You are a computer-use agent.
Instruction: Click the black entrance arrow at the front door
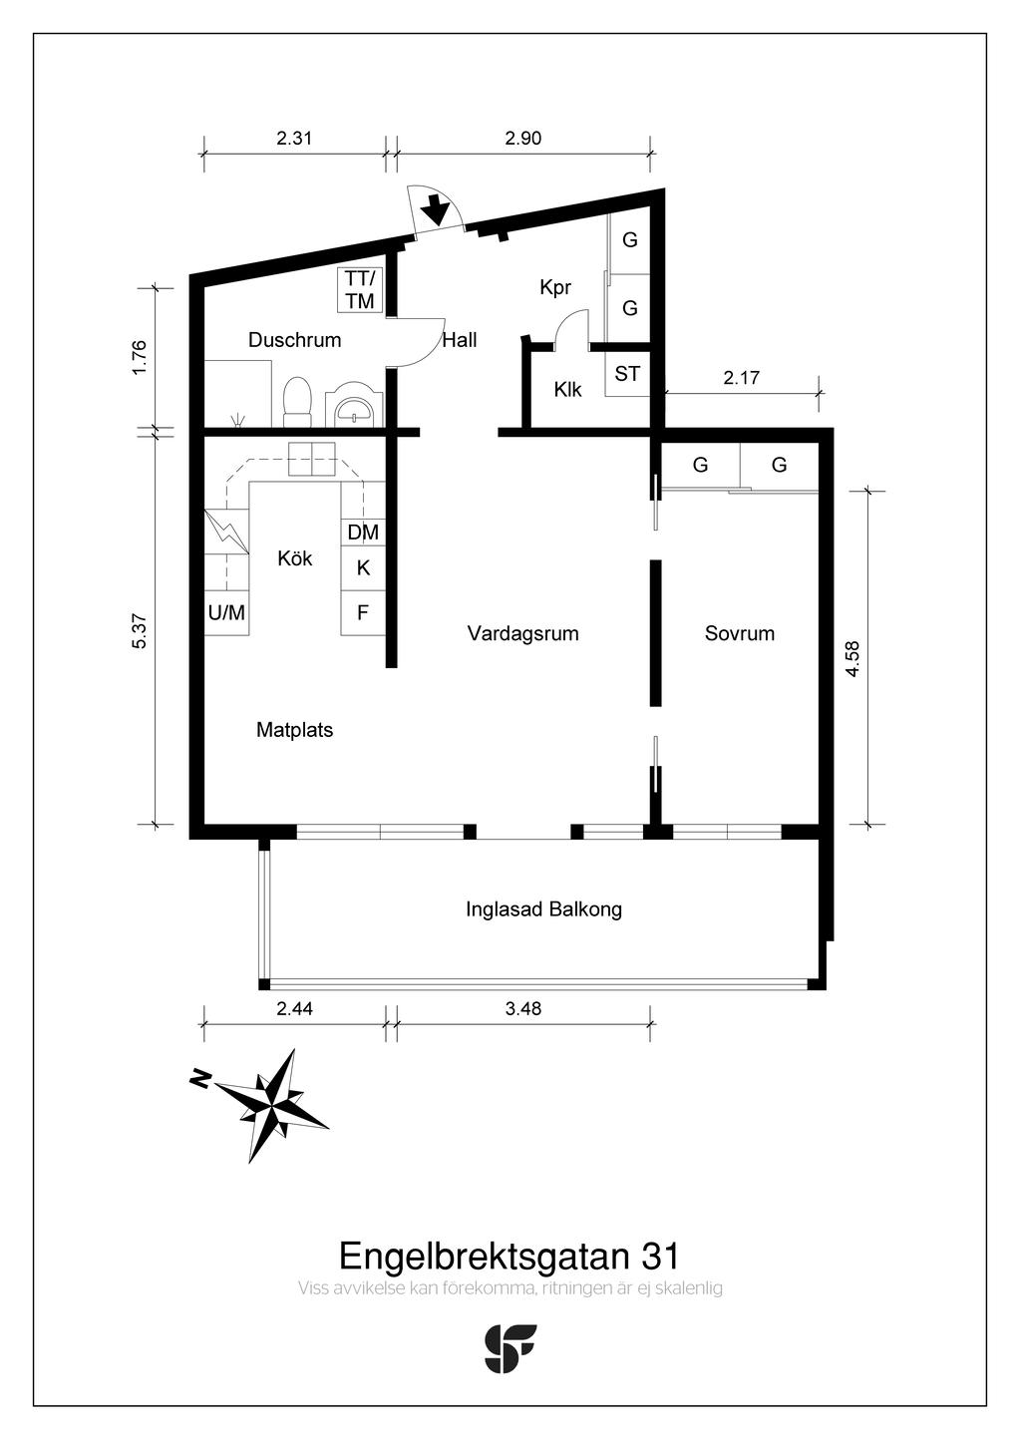pos(438,209)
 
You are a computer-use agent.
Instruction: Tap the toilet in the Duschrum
pos(297,402)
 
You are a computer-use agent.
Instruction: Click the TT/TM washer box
pos(360,290)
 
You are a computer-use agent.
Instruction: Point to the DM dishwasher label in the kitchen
pos(363,533)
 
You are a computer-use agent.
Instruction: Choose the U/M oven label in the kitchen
pos(227,611)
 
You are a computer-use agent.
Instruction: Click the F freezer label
pos(363,611)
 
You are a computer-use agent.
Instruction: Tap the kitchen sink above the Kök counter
pos(312,459)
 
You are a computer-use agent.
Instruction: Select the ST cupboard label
pos(627,374)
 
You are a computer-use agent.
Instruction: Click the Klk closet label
pos(568,389)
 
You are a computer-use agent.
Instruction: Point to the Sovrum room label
pos(739,633)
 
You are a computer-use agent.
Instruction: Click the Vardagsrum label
pos(522,633)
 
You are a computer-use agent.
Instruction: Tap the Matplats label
pos(294,730)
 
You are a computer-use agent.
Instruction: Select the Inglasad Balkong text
pos(544,909)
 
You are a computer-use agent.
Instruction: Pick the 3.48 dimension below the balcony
pos(523,1008)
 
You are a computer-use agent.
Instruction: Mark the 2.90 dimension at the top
pos(523,138)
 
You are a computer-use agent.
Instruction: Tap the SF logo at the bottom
pos(510,1347)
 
